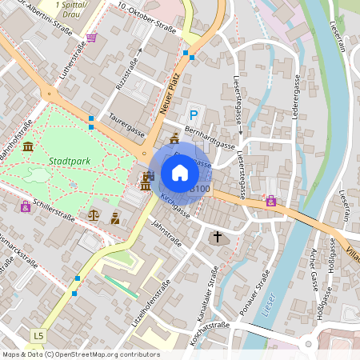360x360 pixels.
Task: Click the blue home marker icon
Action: click(180, 172)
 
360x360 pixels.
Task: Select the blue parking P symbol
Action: click(193, 115)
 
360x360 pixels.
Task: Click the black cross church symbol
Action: click(218, 237)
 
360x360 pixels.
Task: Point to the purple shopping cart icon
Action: click(92, 38)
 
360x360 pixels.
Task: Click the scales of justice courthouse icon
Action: click(94, 214)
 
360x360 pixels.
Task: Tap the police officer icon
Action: click(116, 217)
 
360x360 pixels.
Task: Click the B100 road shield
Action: click(200, 189)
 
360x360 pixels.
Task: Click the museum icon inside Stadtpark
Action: click(28, 146)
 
